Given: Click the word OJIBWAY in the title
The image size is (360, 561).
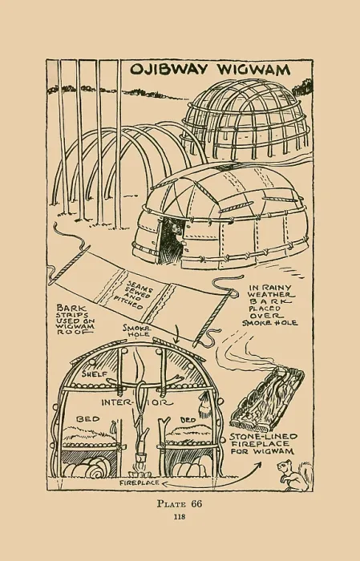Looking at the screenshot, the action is pos(168,69).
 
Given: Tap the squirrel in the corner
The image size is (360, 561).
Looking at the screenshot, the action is pos(294,475).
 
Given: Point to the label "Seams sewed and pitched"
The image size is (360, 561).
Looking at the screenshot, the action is pos(132,295).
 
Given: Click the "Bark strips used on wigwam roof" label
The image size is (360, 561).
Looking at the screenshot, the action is pos(75,319).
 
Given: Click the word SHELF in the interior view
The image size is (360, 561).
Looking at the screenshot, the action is pos(94,374).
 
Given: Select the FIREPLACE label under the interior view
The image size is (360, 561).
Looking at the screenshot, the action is pos(140,483).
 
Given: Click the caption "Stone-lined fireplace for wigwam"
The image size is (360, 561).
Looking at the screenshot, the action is pos(263,444).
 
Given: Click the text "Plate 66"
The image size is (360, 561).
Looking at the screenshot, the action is pos(180,504).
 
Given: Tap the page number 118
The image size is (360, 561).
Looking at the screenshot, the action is pos(180,517).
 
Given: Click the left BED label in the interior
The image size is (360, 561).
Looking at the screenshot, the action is pos(87,419).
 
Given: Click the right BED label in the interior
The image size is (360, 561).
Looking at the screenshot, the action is pos(188,420).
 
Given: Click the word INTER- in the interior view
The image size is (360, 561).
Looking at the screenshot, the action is pos(117,402).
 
